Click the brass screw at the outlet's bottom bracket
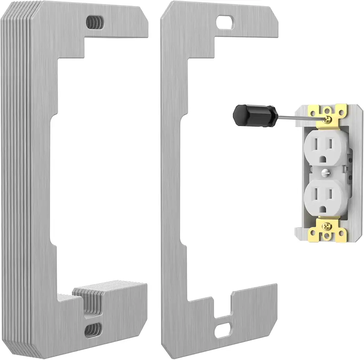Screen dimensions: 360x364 tap(325, 227)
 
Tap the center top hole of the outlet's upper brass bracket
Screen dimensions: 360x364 tap(326, 108)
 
